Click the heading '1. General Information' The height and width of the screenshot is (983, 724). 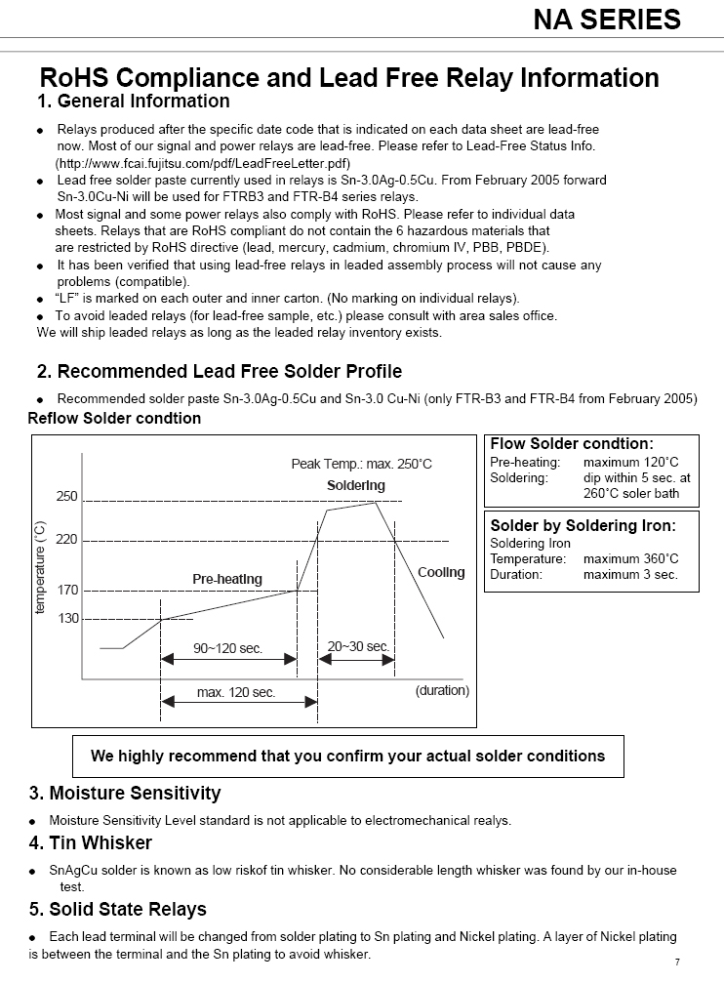134,102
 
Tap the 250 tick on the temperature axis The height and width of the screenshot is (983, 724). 66,497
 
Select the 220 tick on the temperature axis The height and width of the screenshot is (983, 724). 66,540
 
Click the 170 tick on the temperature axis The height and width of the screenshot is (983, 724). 66,591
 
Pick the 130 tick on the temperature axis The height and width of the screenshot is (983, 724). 66,619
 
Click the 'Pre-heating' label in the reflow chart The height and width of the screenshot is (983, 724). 226,579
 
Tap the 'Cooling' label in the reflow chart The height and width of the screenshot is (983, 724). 441,572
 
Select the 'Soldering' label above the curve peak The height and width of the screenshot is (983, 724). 355,485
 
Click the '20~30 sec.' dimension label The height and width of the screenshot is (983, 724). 358,646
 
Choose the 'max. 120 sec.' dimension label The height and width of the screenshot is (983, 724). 236,692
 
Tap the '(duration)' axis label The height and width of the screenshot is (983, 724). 442,690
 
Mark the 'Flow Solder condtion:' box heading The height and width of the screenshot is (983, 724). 572,444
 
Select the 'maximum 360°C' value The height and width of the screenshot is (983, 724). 630,559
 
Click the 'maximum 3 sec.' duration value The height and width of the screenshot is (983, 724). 630,574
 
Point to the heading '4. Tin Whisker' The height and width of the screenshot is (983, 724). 91,842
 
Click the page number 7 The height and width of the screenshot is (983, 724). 677,962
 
